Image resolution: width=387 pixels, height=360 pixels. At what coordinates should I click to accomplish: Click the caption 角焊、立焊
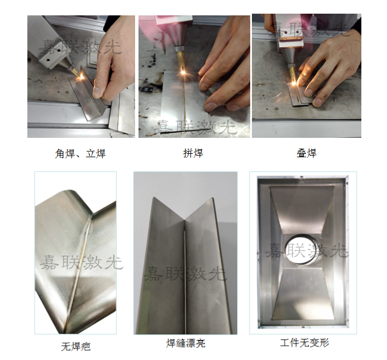click(x=80, y=154)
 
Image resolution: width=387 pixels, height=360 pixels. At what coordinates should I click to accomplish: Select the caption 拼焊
click(x=193, y=154)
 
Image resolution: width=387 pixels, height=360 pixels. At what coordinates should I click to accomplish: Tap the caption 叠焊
click(x=306, y=153)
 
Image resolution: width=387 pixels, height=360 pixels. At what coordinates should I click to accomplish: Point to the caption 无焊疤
click(x=76, y=346)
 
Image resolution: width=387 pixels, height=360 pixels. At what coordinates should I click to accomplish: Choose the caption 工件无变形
click(x=304, y=343)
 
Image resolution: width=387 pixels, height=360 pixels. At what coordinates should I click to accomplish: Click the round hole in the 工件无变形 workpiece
click(x=303, y=249)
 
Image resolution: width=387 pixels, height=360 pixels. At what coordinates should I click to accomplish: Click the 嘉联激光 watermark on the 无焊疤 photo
click(x=81, y=262)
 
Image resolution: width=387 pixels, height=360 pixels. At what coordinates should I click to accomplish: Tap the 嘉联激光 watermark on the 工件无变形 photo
click(x=305, y=249)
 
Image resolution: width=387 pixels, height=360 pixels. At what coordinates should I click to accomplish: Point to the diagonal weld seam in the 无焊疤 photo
click(x=79, y=268)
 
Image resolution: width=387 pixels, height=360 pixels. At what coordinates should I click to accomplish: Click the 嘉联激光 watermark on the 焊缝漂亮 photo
click(x=185, y=273)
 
